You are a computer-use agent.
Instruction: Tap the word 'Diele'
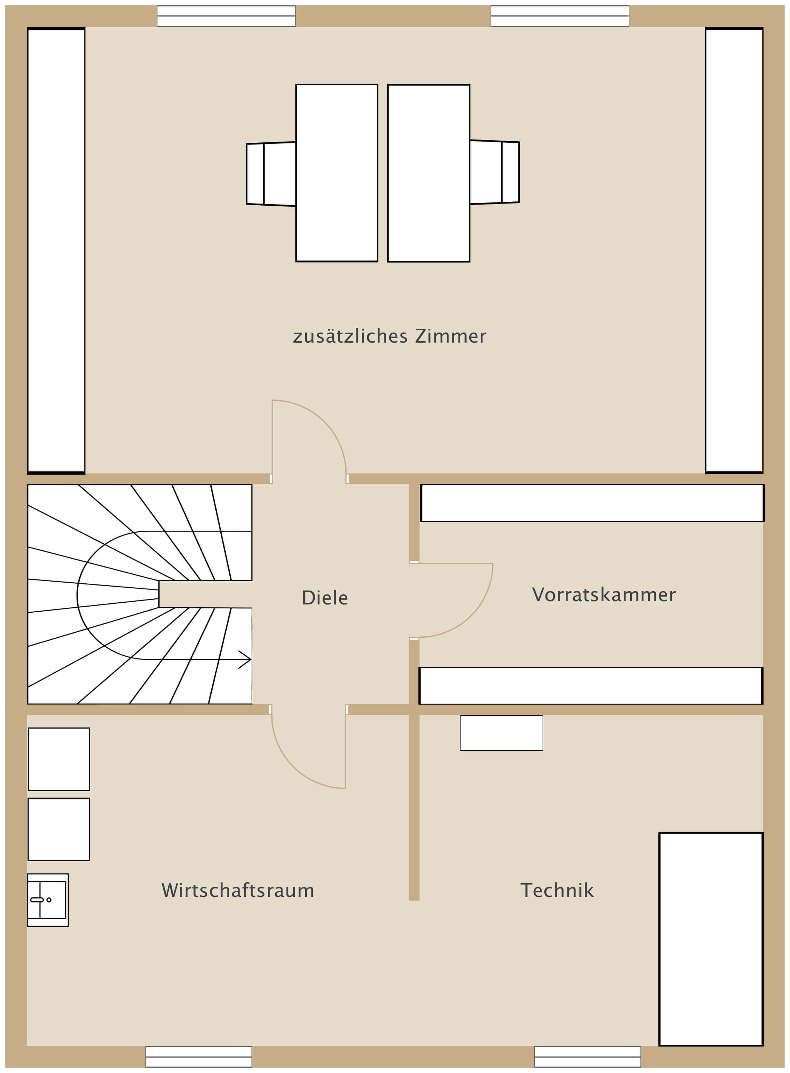pos(325,598)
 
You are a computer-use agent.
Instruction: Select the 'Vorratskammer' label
pos(604,595)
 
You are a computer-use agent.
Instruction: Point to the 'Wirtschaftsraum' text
pos(238,890)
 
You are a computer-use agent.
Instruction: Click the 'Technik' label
pos(557,890)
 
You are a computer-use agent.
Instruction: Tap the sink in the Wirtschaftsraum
pos(48,900)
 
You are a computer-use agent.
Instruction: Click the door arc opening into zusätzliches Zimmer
pos(325,421)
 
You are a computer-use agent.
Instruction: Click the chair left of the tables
pos(271,174)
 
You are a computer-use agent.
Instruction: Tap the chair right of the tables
pos(495,172)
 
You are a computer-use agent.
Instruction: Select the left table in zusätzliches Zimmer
pos(337,173)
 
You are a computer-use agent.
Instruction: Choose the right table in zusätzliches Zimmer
pos(428,173)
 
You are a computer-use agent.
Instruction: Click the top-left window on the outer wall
pos(226,16)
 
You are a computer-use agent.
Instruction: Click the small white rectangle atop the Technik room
pos(501,733)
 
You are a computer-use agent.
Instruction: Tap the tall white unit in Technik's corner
pos(711,940)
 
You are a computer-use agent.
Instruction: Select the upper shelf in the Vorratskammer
pos(592,503)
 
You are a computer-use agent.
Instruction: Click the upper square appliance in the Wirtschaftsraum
pos(59,759)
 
